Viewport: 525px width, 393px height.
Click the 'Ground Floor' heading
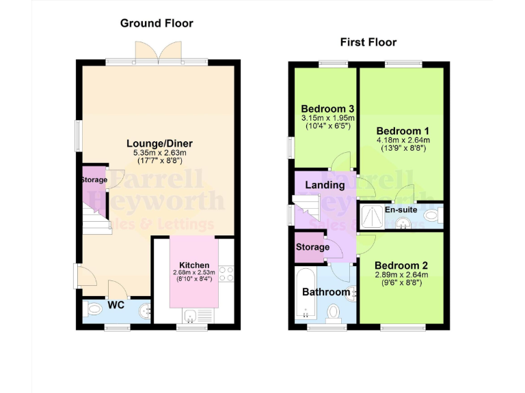(x=157, y=23)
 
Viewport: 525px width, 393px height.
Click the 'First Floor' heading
(x=368, y=42)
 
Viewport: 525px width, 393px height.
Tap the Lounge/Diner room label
(x=159, y=143)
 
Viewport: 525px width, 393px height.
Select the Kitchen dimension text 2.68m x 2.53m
(x=193, y=273)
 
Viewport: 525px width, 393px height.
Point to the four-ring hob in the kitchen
(x=227, y=274)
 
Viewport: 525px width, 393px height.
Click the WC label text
(x=116, y=305)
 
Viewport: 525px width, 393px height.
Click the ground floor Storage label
(x=94, y=180)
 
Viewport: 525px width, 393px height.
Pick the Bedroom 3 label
(x=327, y=109)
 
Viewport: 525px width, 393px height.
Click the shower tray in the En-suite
(x=371, y=215)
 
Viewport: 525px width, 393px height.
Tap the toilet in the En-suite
(x=431, y=216)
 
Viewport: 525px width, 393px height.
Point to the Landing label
(x=324, y=185)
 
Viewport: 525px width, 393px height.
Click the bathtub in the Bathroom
(x=305, y=294)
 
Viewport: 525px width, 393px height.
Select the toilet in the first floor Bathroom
(x=334, y=312)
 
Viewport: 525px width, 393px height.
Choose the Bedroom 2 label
(x=401, y=265)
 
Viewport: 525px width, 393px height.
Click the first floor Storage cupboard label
(x=312, y=247)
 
